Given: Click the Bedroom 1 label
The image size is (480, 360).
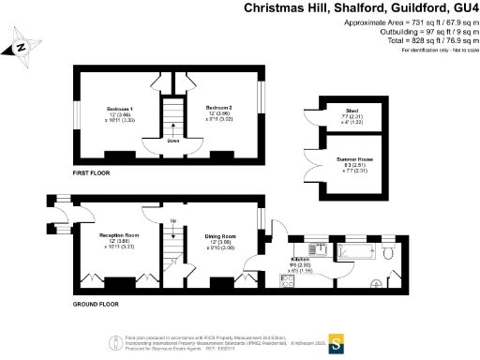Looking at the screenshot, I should pyautogui.click(x=118, y=110).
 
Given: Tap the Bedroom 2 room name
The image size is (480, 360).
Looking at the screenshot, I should pyautogui.click(x=218, y=110).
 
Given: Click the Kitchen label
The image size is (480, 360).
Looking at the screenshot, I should pyautogui.click(x=300, y=258).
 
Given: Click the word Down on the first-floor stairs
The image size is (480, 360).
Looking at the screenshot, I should pyautogui.click(x=174, y=142).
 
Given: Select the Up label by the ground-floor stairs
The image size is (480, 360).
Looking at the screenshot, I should pyautogui.click(x=173, y=221).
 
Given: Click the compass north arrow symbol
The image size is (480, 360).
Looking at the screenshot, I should pyautogui.click(x=23, y=44).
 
